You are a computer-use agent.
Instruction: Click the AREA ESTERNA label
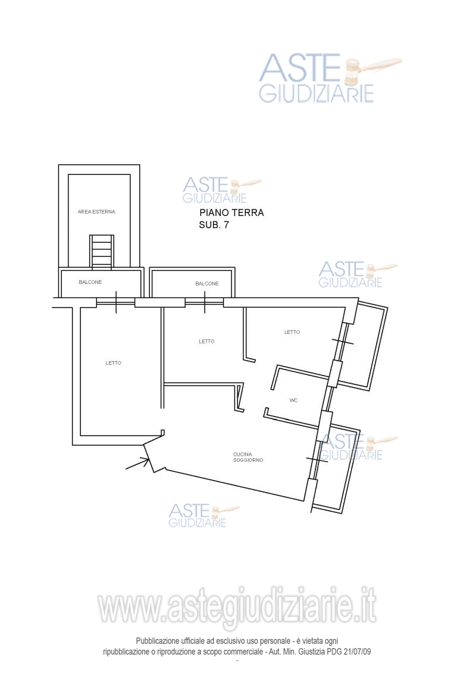coord(96,212)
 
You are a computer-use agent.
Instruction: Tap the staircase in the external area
coord(102,252)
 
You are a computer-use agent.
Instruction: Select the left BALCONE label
coord(90,282)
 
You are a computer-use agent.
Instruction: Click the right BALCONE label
coord(207,284)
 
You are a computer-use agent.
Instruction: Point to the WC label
coord(293,400)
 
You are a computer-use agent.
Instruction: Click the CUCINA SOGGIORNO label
coord(248,457)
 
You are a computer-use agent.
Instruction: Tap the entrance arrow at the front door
coord(138,464)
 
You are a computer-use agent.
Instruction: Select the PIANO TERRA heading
coord(231,212)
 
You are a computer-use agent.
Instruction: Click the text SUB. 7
coord(214,224)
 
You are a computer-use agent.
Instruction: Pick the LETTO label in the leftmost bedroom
coord(113,362)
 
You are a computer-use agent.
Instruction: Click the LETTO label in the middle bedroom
coord(206,341)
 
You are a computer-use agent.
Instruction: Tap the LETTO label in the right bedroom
coord(292,332)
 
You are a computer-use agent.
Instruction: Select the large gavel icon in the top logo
coord(372,70)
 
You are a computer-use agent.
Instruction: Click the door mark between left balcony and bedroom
coord(115,302)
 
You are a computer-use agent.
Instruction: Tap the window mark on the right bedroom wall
coord(343,342)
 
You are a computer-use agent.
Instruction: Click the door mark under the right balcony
coord(204,302)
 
